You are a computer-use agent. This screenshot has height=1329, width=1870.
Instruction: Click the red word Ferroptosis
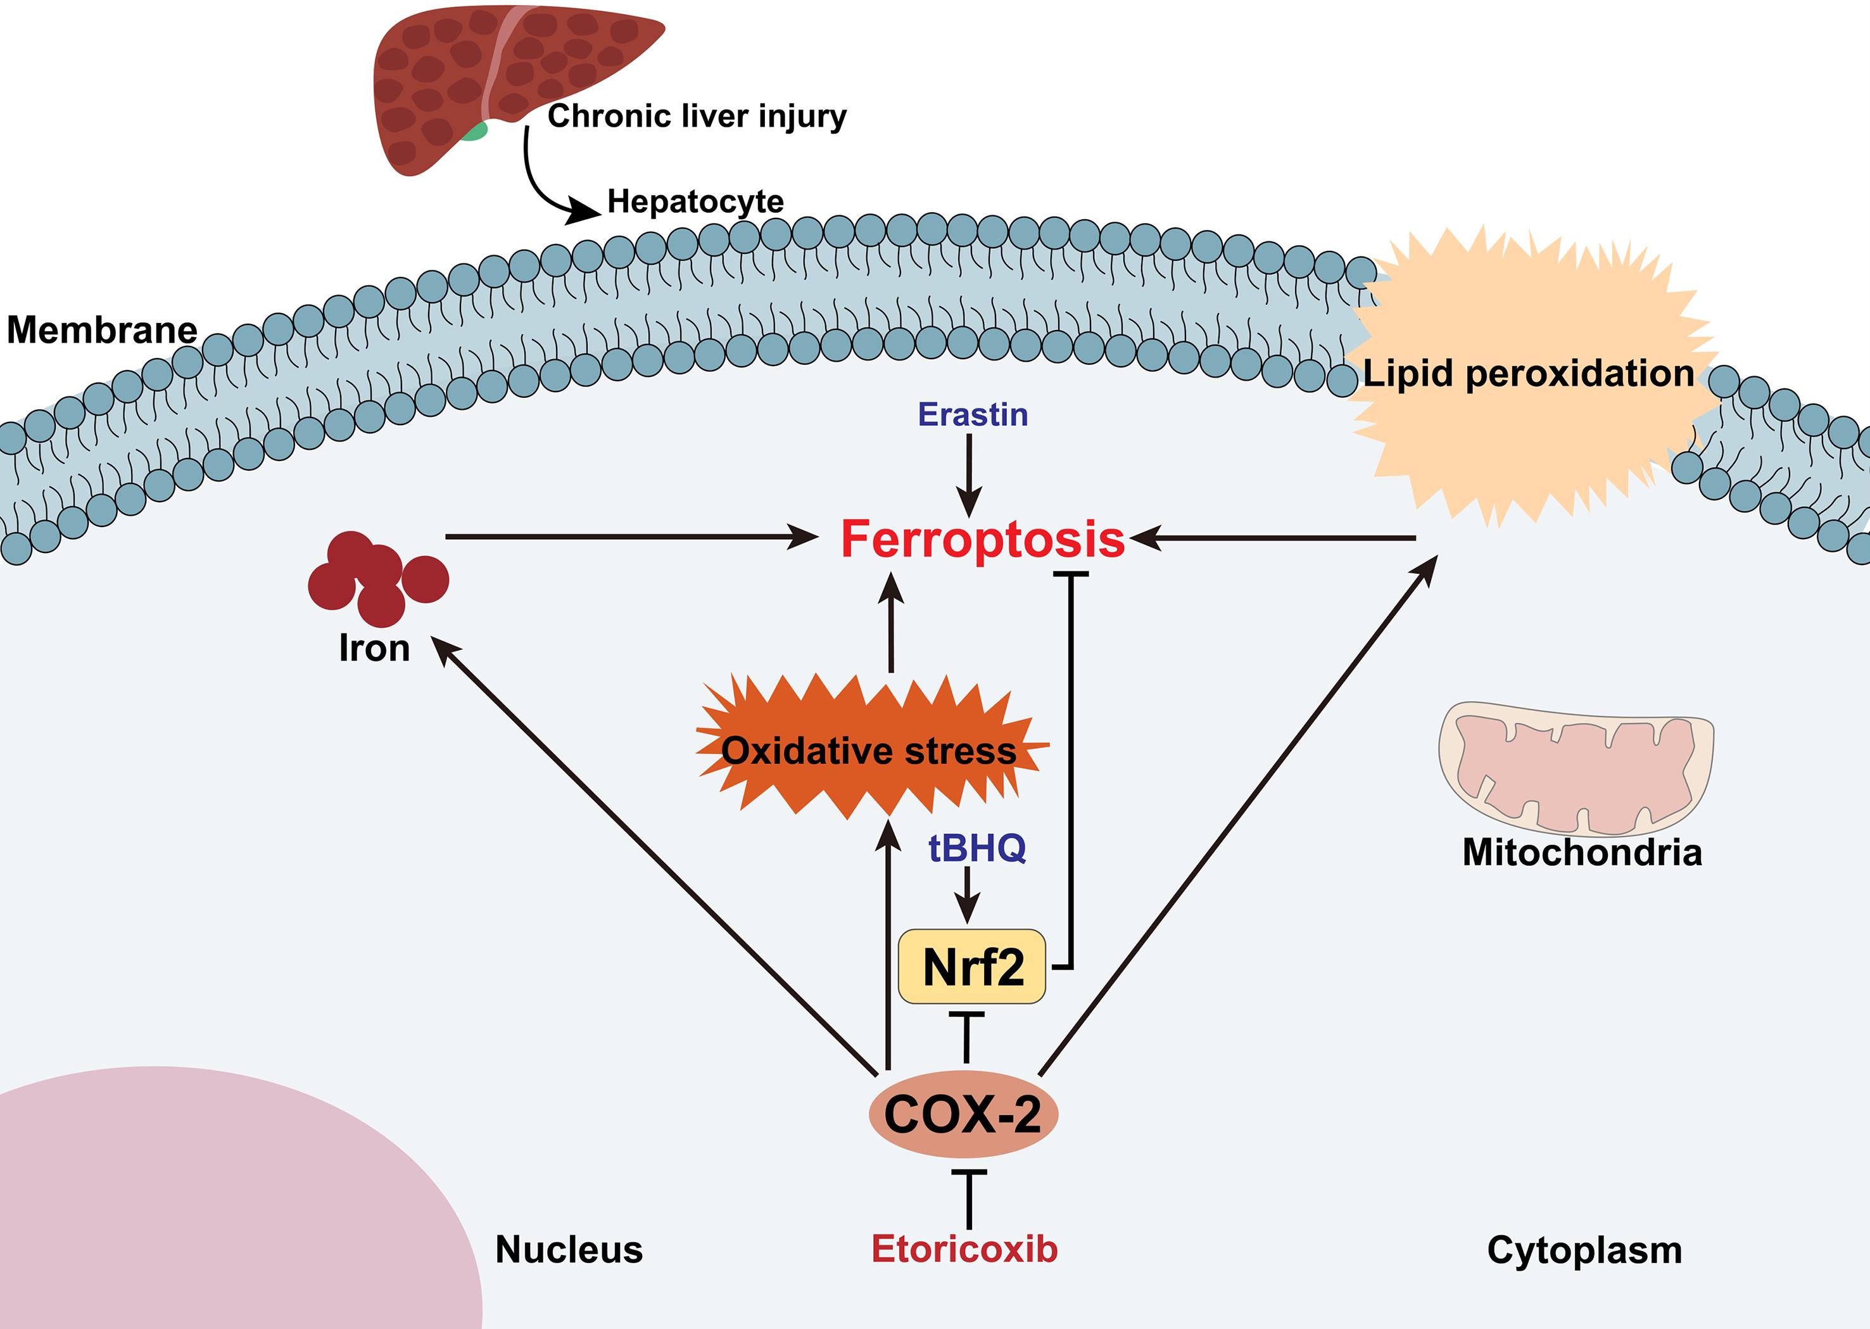(x=982, y=540)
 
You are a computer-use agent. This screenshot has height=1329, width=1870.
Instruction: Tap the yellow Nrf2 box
(x=972, y=967)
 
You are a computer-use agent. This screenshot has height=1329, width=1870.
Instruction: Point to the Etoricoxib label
(x=964, y=1249)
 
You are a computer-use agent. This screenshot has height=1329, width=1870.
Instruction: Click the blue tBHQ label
(x=976, y=848)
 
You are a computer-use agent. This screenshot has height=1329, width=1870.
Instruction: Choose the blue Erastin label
(x=973, y=415)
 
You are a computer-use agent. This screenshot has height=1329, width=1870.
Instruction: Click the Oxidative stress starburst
(x=869, y=749)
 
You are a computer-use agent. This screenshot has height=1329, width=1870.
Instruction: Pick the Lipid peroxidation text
(x=1528, y=374)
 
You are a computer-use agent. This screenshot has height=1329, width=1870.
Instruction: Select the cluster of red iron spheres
(x=378, y=577)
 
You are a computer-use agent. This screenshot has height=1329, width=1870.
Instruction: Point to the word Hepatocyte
(x=695, y=201)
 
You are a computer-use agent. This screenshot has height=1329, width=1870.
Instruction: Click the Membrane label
(x=102, y=330)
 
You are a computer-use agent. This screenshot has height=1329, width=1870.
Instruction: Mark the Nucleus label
(x=569, y=1250)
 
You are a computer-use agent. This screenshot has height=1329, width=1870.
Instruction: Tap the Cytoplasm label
(x=1584, y=1250)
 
